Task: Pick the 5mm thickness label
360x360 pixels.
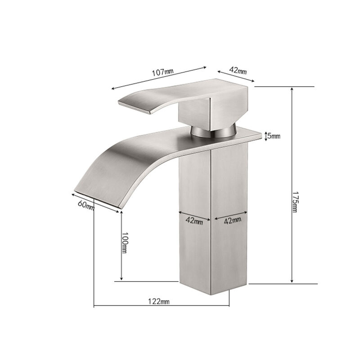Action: click(273, 135)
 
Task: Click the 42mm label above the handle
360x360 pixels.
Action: click(238, 71)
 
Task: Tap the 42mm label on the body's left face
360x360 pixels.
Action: click(195, 221)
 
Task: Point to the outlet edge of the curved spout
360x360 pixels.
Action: click(97, 197)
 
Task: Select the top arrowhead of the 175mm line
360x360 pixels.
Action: click(292, 89)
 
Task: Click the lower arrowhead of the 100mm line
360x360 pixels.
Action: click(121, 280)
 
